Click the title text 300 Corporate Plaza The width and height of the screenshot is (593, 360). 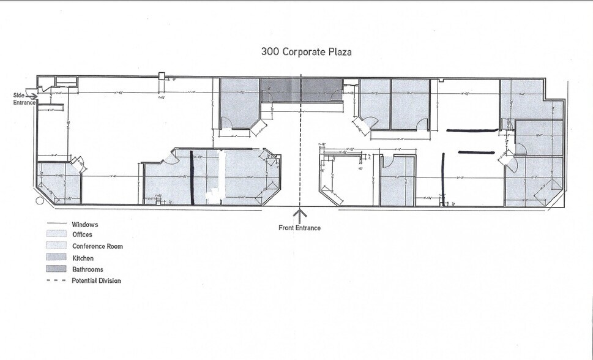pyautogui.click(x=306, y=52)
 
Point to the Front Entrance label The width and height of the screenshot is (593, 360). pyautogui.click(x=299, y=228)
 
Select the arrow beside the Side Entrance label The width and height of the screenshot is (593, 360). pyautogui.click(x=32, y=95)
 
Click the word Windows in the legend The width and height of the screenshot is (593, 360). pyautogui.click(x=84, y=225)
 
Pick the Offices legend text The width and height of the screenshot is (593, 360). pyautogui.click(x=82, y=235)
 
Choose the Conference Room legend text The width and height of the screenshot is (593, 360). pyautogui.click(x=97, y=247)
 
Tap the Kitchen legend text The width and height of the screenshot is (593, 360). pyautogui.click(x=83, y=258)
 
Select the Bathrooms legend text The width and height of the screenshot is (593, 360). pyautogui.click(x=87, y=269)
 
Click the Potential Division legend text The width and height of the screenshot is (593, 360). pyautogui.click(x=96, y=281)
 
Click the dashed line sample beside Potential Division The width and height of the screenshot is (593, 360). pyautogui.click(x=56, y=281)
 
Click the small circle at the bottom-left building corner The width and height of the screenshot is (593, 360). pyautogui.click(x=40, y=200)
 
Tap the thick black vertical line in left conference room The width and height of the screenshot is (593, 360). pyautogui.click(x=192, y=178)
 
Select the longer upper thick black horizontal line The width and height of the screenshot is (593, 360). pyautogui.click(x=472, y=130)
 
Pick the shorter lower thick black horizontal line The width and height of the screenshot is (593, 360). pyautogui.click(x=476, y=152)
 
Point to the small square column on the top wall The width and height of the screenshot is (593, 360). pyautogui.click(x=162, y=76)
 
